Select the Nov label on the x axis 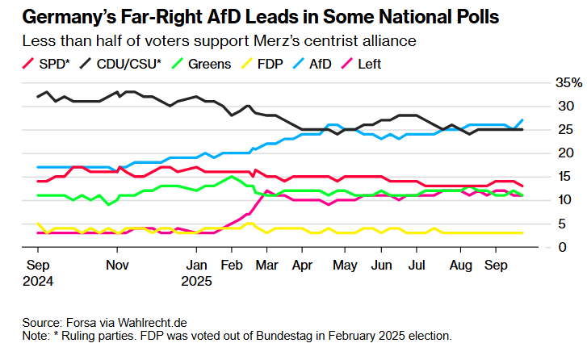pyautogui.click(x=118, y=264)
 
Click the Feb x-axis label pyautogui.click(x=232, y=264)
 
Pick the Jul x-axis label pyautogui.click(x=417, y=264)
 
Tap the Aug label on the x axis pyautogui.click(x=460, y=264)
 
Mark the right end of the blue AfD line pyautogui.click(x=522, y=120)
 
